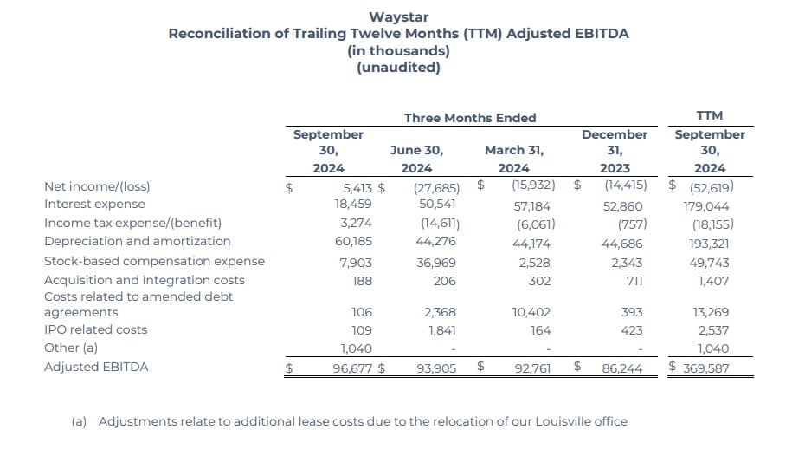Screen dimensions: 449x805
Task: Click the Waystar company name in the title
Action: coord(398,16)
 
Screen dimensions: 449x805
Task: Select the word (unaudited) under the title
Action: coord(398,68)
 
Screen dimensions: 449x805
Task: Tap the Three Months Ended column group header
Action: coord(470,118)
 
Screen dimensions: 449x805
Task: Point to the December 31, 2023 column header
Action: coord(615,151)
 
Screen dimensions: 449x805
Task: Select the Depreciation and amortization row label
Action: coord(137,241)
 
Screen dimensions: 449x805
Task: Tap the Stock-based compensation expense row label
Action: coord(154,261)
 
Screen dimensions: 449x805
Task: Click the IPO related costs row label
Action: coord(95,329)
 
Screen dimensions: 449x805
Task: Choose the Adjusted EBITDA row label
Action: coord(96,367)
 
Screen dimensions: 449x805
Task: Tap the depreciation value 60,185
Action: coord(353,241)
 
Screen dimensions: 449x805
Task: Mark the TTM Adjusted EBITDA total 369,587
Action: coord(709,368)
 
